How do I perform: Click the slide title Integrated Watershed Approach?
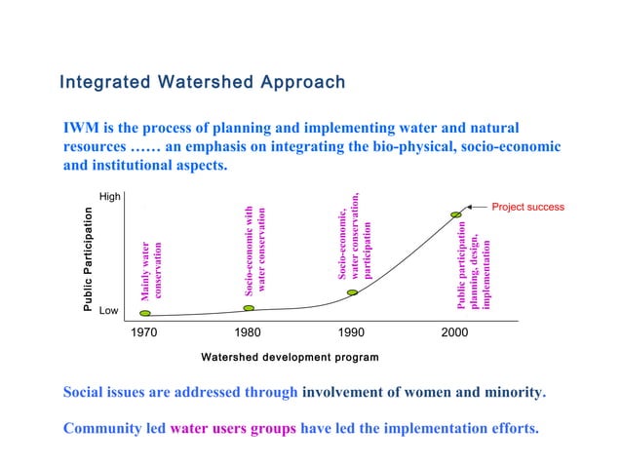tap(203, 82)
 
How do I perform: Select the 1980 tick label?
tap(249, 333)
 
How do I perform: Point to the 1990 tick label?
tap(352, 333)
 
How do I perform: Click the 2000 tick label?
tap(454, 333)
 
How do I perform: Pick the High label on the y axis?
tap(109, 197)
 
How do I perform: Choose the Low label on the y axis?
tap(108, 311)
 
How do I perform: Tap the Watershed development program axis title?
tap(290, 358)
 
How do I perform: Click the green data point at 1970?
tap(145, 314)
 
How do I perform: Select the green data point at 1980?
tap(249, 308)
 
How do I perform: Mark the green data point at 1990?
tap(352, 292)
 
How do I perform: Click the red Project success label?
tap(527, 207)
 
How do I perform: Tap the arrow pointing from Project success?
tap(475, 207)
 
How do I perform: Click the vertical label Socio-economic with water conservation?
tap(255, 251)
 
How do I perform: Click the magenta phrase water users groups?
tap(226, 428)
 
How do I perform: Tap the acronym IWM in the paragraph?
tap(81, 128)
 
